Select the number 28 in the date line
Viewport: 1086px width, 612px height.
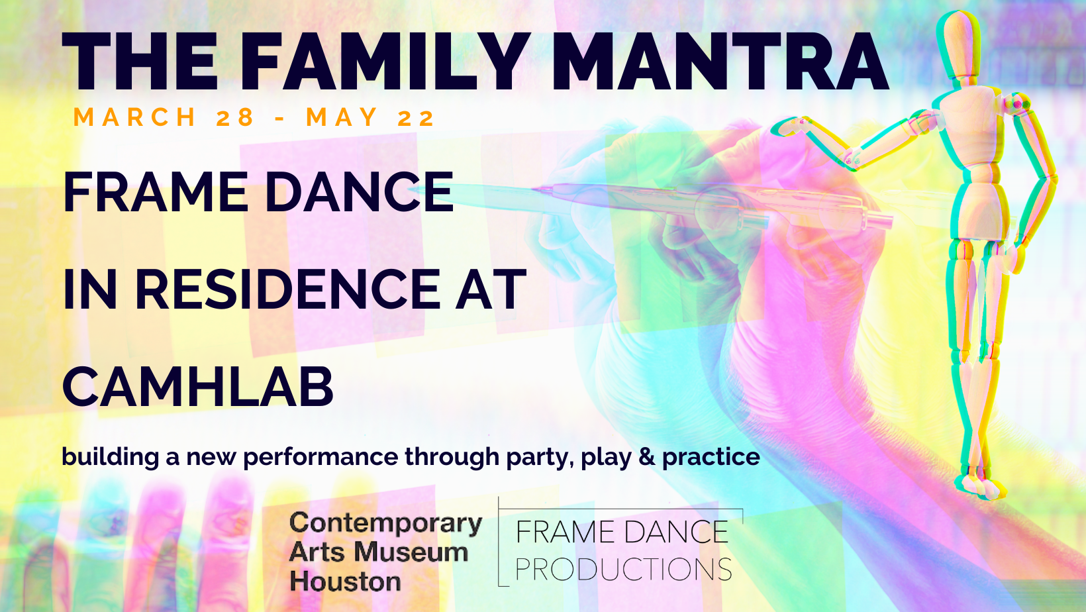(235, 117)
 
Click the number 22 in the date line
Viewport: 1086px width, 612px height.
(416, 117)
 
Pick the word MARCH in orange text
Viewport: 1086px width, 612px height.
(134, 117)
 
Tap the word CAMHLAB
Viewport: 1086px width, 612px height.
(198, 387)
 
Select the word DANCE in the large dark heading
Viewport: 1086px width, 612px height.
(360, 192)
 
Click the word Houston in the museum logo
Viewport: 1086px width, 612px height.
(345, 582)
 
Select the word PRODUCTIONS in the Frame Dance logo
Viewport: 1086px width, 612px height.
(623, 569)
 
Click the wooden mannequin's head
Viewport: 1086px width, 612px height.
(959, 46)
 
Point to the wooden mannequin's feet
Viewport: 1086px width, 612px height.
(980, 485)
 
